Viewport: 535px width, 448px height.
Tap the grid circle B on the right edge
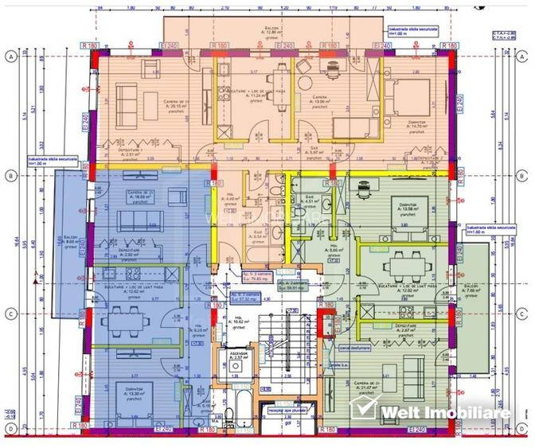pos(524,177)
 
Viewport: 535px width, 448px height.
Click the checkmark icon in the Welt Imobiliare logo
pos(365,411)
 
